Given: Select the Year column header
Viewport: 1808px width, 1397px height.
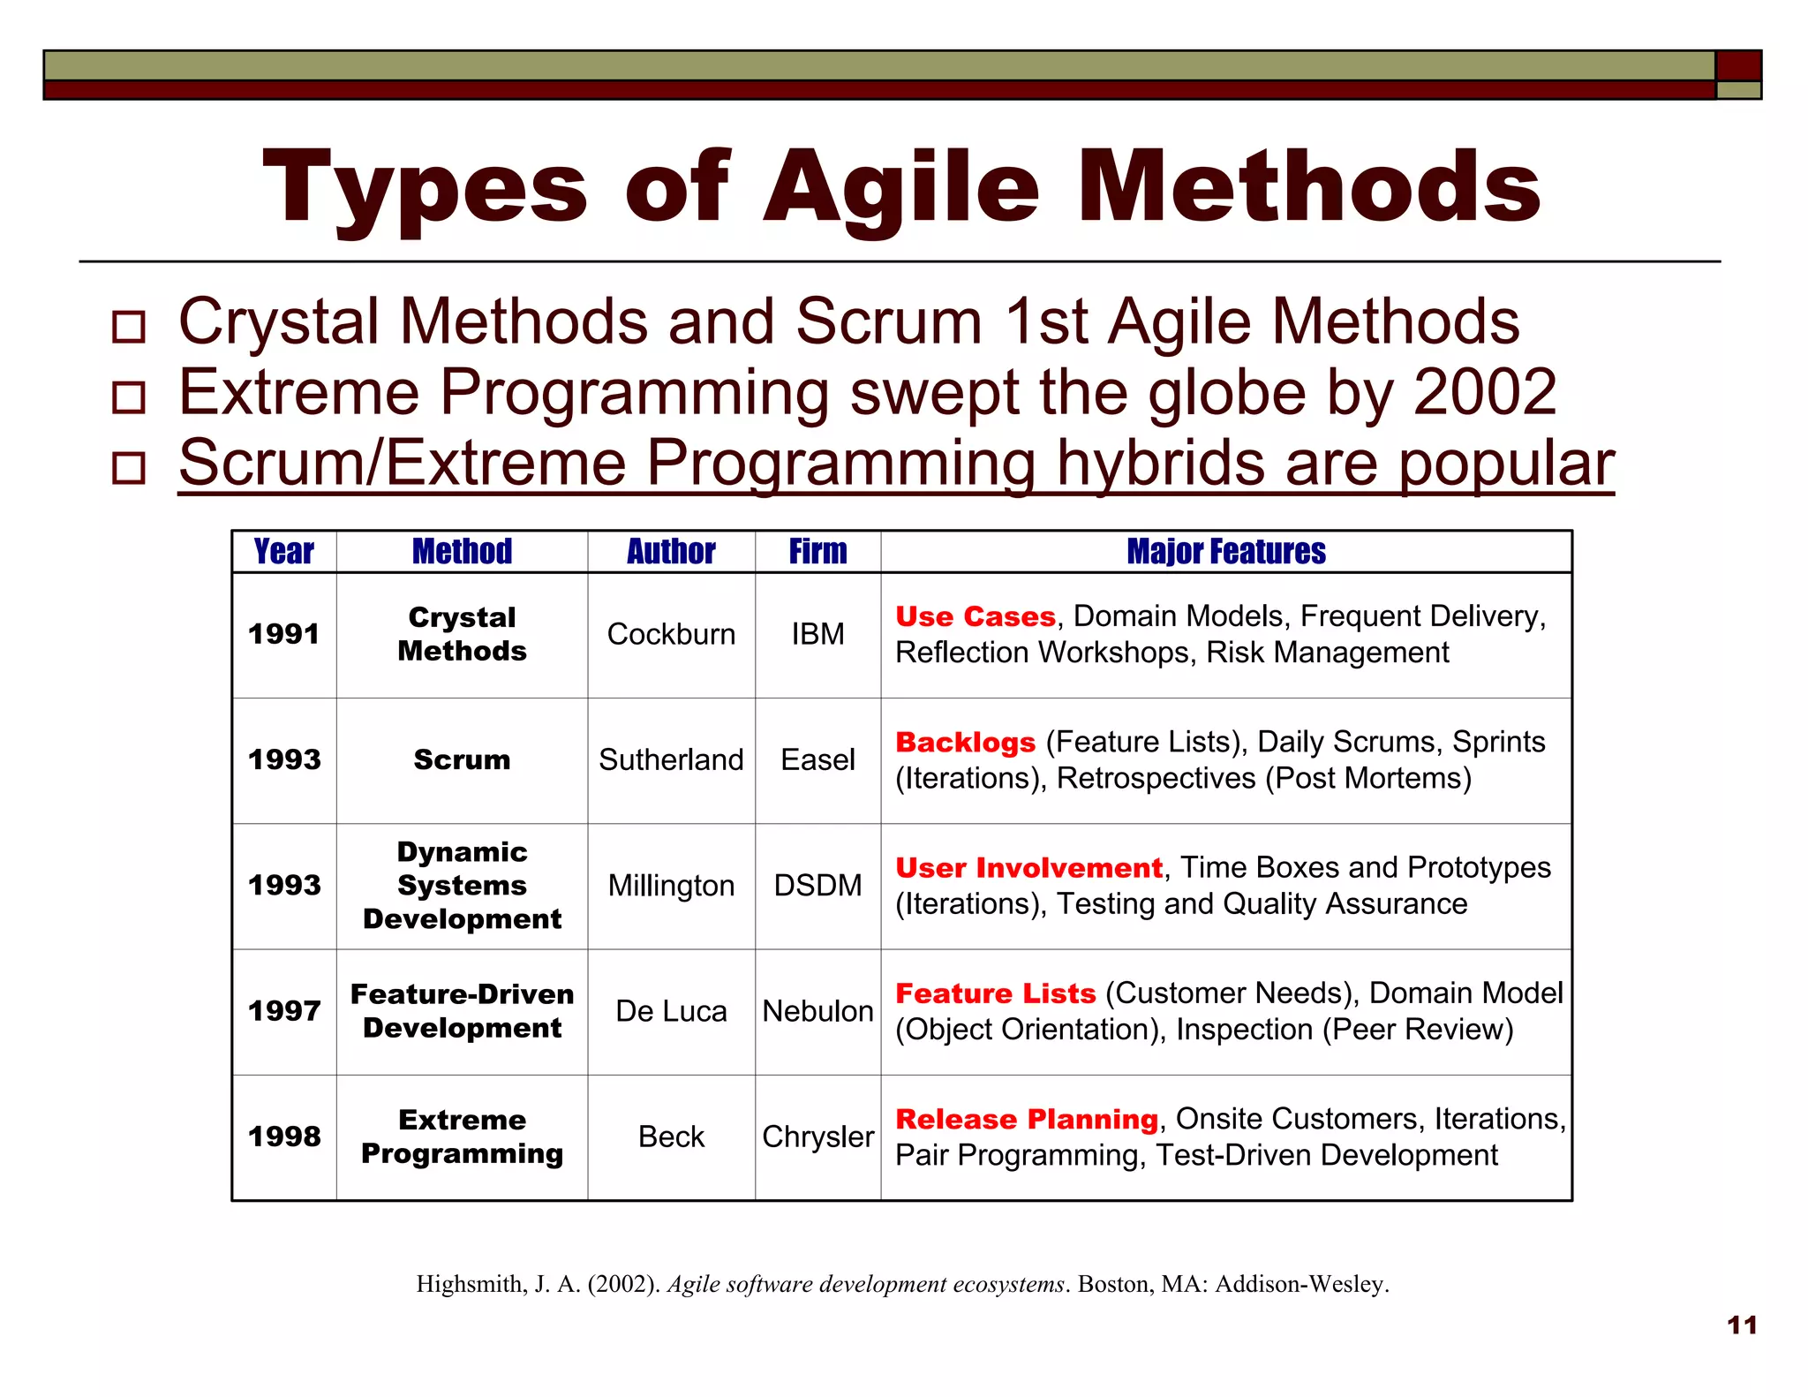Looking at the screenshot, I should pos(283,552).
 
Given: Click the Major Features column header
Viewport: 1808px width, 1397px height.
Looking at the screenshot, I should pos(1225,552).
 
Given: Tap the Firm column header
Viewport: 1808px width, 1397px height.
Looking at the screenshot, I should pos(817,552).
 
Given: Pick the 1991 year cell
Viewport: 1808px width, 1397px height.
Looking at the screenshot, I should pos(283,634).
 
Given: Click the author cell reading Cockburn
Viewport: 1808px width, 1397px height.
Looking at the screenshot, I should pos(671,634).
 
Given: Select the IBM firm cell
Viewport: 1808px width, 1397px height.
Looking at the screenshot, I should pos(817,634).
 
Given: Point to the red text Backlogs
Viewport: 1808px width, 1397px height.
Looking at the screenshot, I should pos(965,743).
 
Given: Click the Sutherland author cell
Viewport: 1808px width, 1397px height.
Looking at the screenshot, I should pos(671,760).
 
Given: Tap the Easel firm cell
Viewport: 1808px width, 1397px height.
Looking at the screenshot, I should pos(817,760).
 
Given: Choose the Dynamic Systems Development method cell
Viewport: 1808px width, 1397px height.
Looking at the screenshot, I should pos(462,886).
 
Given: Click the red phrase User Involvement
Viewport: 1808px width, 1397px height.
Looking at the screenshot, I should pos(1028,868).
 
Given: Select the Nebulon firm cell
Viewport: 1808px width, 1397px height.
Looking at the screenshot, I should pos(817,1011).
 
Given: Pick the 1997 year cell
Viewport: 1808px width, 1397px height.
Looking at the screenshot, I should pos(283,1011).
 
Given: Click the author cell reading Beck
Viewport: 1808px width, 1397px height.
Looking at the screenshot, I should pos(671,1136).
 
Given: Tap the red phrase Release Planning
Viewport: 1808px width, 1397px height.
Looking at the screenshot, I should pos(1026,1120).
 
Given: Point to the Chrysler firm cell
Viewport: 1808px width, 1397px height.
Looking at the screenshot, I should pos(817,1136).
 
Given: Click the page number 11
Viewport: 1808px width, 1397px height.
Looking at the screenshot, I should pos(1742,1325).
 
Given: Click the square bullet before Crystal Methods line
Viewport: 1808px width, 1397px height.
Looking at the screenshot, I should pos(129,327).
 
